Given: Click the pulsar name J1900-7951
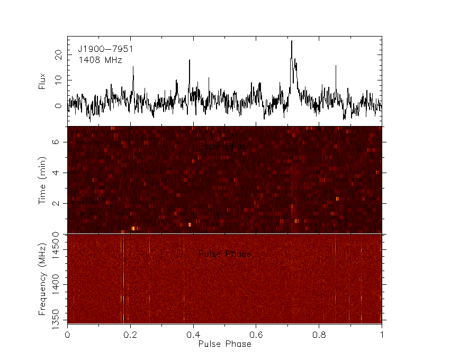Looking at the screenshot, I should pos(105,49).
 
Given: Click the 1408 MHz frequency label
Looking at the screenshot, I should pos(100,60).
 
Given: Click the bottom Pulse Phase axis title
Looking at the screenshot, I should pos(224,344).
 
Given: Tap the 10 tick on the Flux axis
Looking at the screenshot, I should pos(59,80).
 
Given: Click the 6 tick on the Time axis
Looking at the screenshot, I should pos(61,142).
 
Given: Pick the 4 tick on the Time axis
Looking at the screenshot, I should pos(61,173).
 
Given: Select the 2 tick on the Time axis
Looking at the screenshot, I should pos(61,203).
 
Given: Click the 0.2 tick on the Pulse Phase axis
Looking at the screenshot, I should pos(130,335).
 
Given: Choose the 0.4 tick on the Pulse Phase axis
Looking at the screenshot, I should pos(193,335).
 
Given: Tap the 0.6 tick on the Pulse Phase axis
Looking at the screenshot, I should pos(256,335).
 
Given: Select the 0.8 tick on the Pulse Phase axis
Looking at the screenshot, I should pos(319,335).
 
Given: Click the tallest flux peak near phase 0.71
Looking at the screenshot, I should pos(291,41).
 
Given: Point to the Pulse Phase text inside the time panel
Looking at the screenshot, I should pos(224,147).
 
